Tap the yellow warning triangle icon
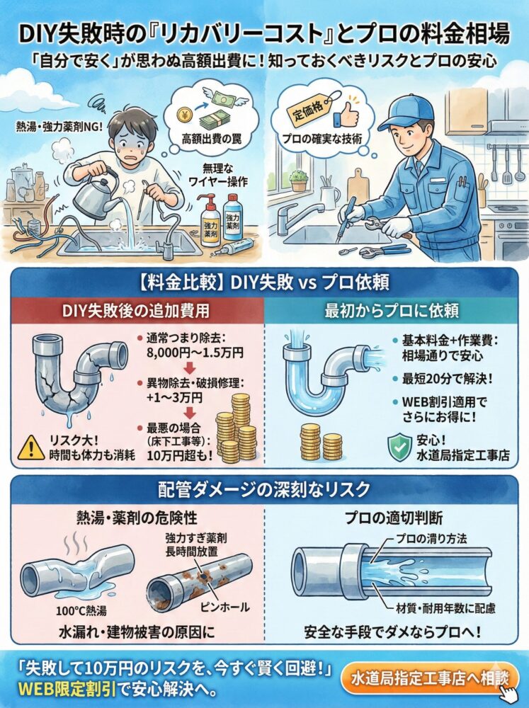(30, 447)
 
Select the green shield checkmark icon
(399, 447)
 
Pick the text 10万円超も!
(180, 455)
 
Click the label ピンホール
(224, 607)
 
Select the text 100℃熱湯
(81, 611)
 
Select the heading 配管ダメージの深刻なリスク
(264, 489)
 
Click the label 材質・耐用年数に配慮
(445, 608)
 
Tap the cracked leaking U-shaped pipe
(79, 379)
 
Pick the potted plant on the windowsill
(298, 181)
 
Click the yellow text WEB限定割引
(67, 690)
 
